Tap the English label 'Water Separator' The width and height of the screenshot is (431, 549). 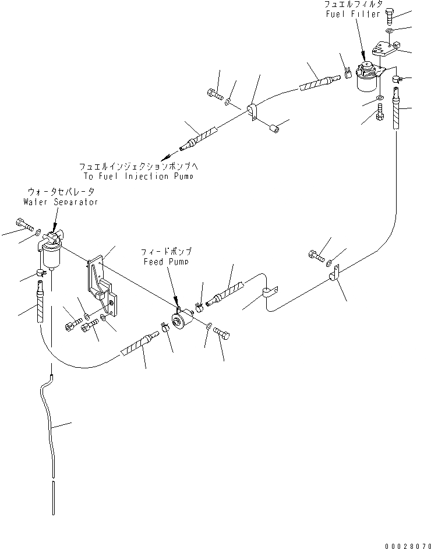(61, 202)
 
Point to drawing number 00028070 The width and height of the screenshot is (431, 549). (402, 541)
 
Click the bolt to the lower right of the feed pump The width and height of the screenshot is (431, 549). (222, 333)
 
